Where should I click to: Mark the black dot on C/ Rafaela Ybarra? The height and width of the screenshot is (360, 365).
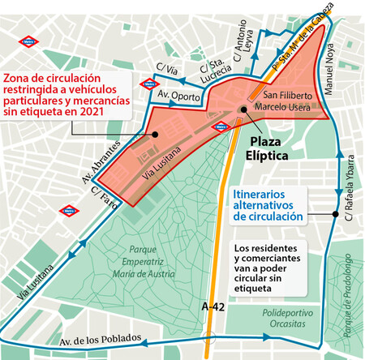[x=334, y=214]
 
